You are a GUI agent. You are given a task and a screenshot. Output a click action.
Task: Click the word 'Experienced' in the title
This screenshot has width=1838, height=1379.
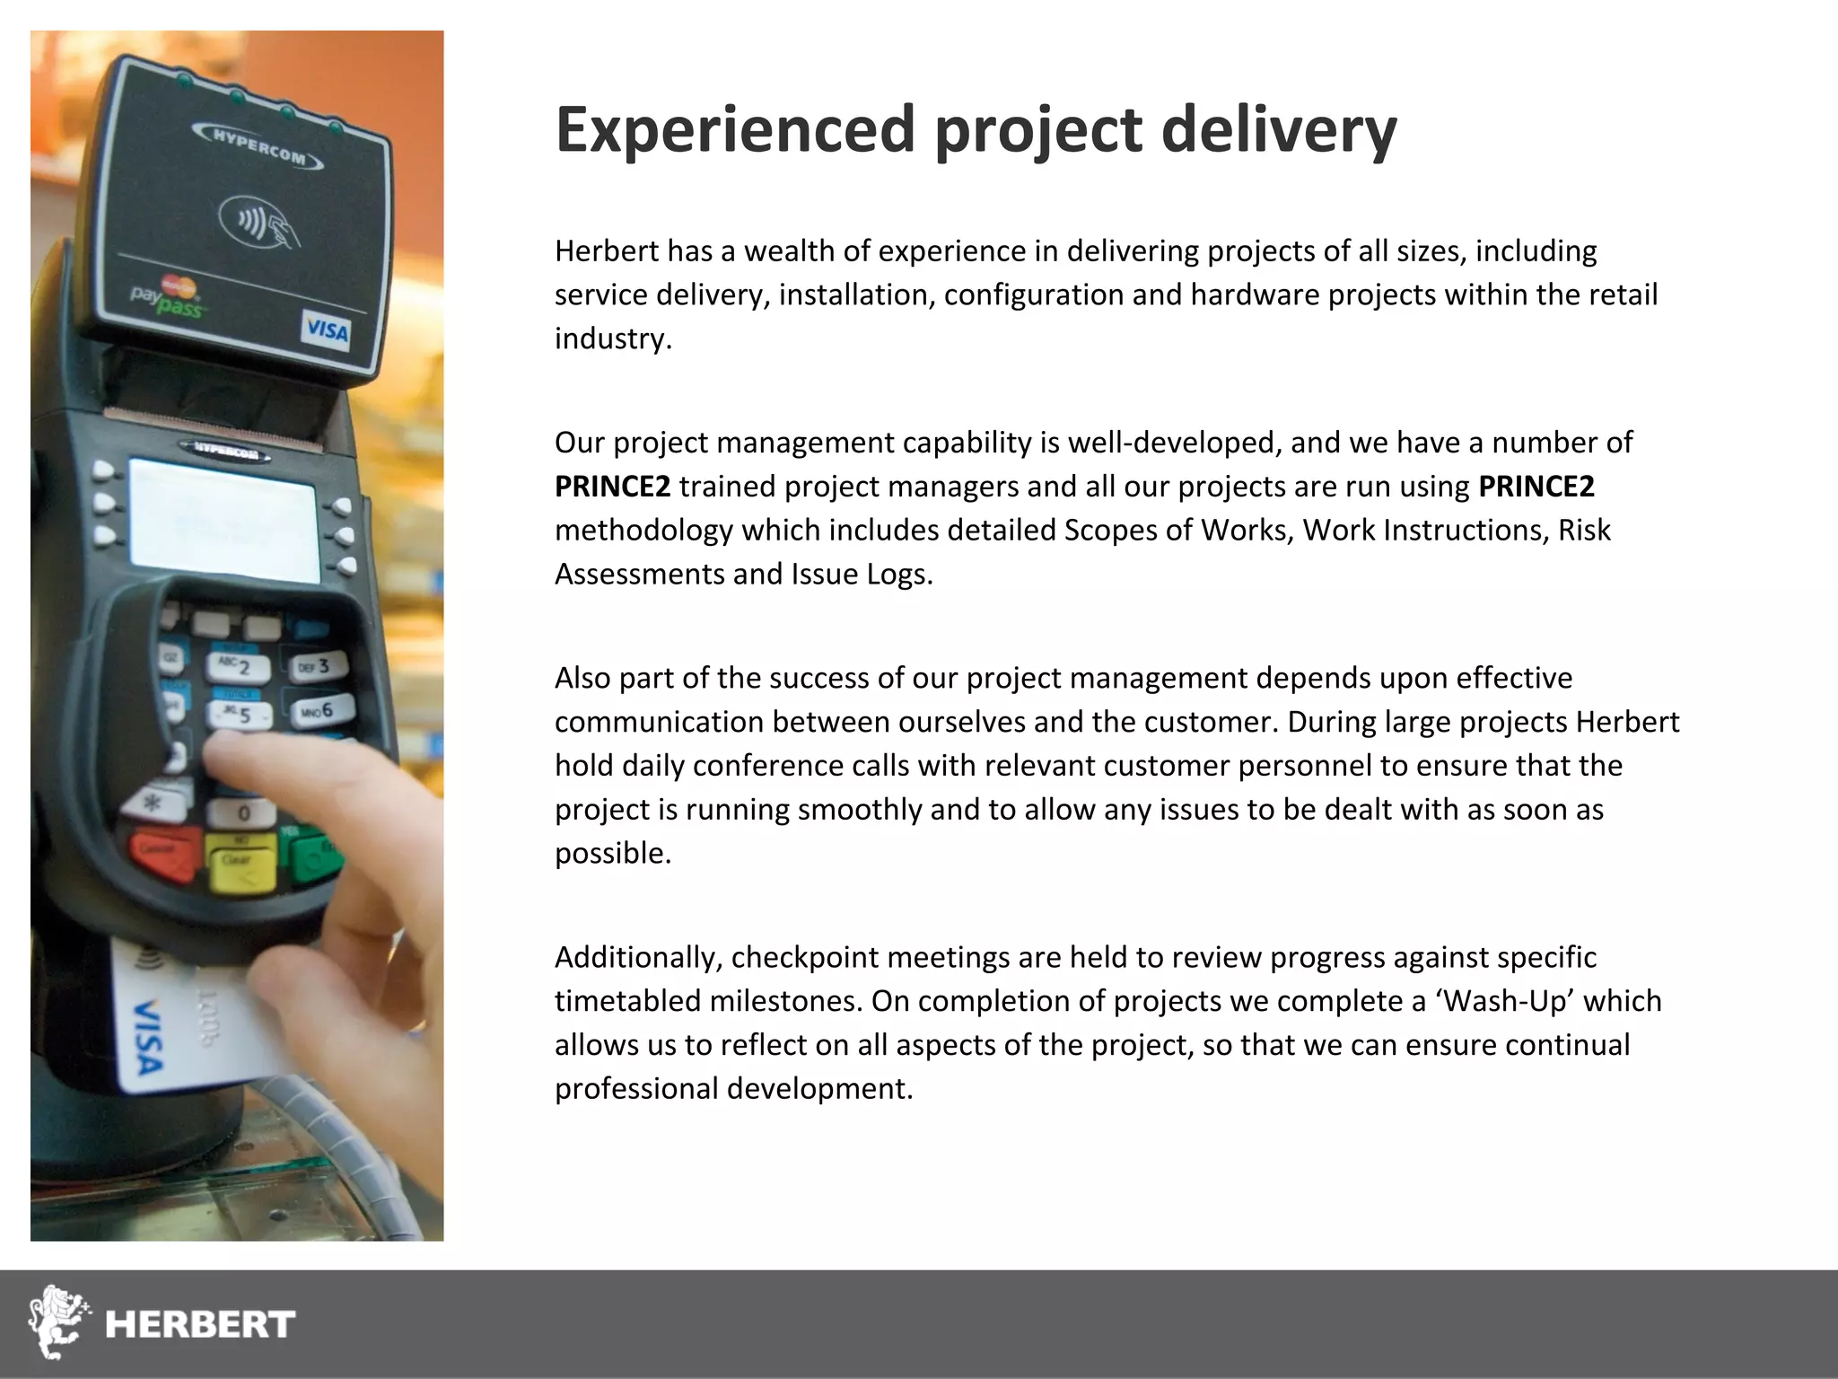735,130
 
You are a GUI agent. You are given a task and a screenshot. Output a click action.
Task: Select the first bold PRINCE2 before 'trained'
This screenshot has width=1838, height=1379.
612,487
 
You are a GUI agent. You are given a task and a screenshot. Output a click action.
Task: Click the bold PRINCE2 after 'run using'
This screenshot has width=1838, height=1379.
1536,487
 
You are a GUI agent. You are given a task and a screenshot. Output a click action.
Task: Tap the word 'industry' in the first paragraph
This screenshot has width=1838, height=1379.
612,338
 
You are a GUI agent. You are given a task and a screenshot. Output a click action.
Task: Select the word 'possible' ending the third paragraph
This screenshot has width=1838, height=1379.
611,853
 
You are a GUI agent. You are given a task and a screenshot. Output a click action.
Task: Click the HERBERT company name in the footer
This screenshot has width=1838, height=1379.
200,1324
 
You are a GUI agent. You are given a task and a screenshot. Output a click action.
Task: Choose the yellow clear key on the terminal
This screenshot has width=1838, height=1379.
239,862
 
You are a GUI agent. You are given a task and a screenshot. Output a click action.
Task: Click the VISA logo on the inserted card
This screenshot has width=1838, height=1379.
147,1037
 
